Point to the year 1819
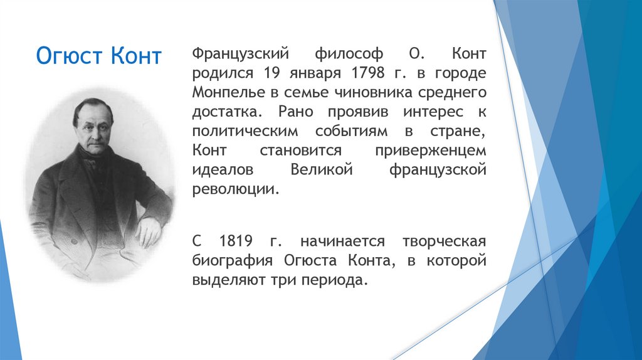(236, 241)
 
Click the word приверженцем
(430, 151)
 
